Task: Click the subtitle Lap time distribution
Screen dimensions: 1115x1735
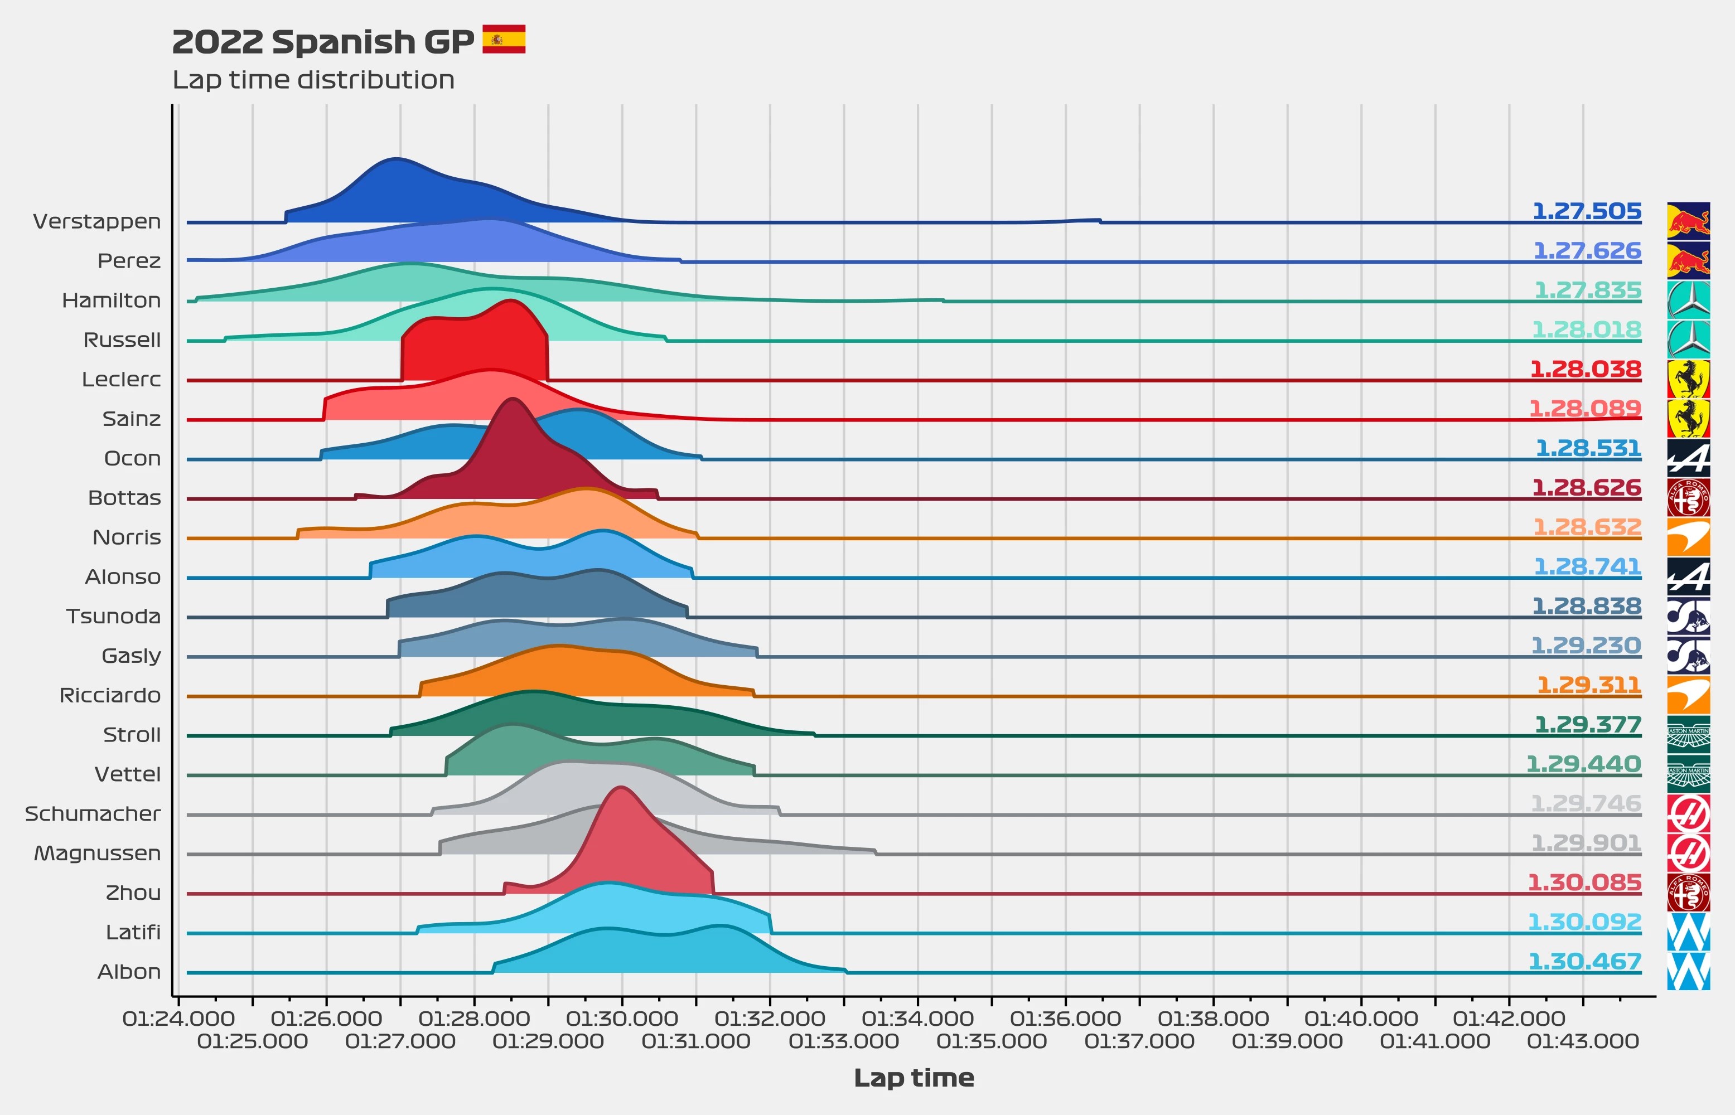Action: click(x=313, y=80)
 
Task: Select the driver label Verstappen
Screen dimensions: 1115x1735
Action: click(x=97, y=221)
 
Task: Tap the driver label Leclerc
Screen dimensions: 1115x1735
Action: click(x=121, y=380)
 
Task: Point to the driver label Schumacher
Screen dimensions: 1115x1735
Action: click(x=93, y=814)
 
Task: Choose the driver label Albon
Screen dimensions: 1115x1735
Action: click(x=129, y=972)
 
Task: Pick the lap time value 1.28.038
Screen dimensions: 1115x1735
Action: click(x=1585, y=369)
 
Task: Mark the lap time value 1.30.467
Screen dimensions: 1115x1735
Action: click(x=1584, y=962)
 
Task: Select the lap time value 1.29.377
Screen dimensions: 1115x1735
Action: click(x=1587, y=725)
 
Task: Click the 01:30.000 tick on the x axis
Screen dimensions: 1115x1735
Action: click(x=622, y=1019)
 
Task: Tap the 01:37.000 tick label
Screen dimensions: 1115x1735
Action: click(x=1139, y=1042)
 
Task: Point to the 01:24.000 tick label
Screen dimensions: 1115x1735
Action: click(x=178, y=1019)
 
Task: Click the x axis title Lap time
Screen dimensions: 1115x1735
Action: click(x=914, y=1078)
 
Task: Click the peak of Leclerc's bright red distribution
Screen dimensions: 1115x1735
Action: click(x=511, y=300)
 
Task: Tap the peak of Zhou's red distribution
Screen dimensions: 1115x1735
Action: click(x=621, y=788)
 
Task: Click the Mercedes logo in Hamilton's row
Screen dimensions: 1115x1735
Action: click(x=1688, y=300)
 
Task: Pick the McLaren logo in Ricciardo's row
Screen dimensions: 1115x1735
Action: click(x=1688, y=695)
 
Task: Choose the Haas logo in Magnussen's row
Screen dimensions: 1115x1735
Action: click(x=1688, y=853)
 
